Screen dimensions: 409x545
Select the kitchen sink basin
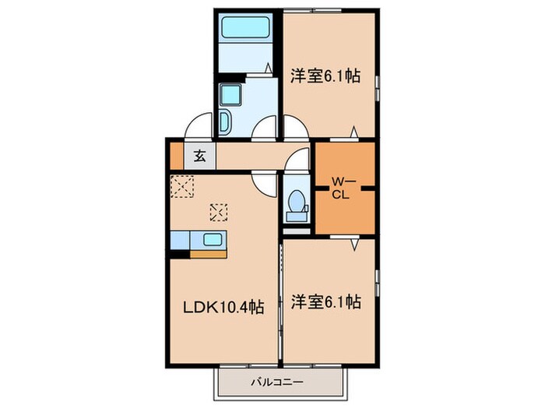click(212, 239)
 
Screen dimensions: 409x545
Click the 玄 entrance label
click(199, 156)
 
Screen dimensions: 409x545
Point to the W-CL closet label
click(344, 188)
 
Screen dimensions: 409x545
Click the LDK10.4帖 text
click(223, 307)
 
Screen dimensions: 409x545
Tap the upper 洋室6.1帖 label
click(325, 76)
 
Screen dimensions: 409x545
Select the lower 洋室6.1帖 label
click(325, 301)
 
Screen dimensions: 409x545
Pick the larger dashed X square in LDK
click(183, 187)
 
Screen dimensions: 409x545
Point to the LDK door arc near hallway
click(265, 184)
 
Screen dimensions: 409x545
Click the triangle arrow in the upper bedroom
click(355, 130)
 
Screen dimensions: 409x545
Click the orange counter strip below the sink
click(208, 252)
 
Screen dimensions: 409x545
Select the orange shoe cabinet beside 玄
click(176, 156)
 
